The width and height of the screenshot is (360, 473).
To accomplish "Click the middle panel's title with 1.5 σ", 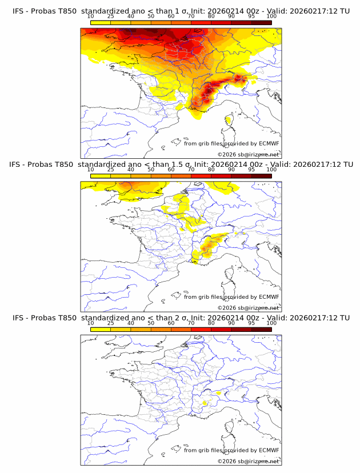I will tap(181, 165).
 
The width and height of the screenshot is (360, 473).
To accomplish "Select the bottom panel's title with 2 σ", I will tap(181, 318).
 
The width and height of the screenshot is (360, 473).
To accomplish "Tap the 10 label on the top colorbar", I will tap(91, 17).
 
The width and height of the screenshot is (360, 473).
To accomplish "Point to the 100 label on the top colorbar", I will tap(271, 17).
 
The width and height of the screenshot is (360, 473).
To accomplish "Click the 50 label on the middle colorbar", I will tap(151, 170).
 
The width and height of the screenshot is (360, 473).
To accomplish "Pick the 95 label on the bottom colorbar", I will tap(251, 323).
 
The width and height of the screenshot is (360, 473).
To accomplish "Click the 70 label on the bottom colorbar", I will tap(191, 323).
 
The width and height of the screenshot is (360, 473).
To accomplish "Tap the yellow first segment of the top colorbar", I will tap(101, 22).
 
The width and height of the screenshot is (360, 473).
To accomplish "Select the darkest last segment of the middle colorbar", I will tap(261, 175).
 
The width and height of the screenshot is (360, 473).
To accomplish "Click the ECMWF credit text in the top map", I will tap(231, 143).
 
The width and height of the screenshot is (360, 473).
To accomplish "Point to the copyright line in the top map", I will tap(248, 155).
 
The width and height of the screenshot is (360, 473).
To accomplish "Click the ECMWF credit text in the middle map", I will tap(231, 296).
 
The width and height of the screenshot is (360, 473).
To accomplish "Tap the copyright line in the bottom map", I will tap(248, 461).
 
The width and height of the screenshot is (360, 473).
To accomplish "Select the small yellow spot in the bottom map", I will tap(218, 393).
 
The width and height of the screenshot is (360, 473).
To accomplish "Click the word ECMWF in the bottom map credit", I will tap(269, 450).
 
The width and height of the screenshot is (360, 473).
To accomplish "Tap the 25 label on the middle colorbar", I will tap(111, 170).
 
